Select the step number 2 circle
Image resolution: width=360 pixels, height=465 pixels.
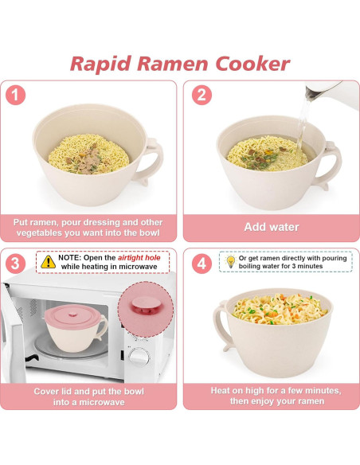pyautogui.click(x=202, y=96)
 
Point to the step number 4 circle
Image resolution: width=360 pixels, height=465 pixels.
pyautogui.click(x=202, y=263)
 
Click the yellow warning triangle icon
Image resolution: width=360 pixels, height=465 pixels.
pyautogui.click(x=49, y=260)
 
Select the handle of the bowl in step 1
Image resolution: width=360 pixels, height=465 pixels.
pyautogui.click(x=149, y=162)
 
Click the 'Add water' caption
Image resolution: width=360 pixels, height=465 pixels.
pyautogui.click(x=271, y=227)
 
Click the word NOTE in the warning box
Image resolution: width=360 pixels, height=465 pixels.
pyautogui.click(x=69, y=256)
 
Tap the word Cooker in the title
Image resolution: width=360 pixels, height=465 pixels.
pyautogui.click(x=251, y=64)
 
